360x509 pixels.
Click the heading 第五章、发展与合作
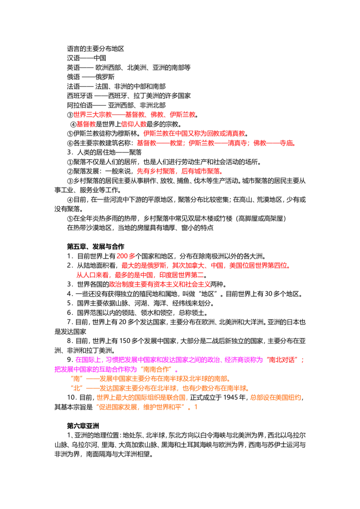95,246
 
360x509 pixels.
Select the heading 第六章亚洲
83,426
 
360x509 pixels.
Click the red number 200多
126,256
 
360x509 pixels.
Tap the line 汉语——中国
86,58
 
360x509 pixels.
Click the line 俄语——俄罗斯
90,77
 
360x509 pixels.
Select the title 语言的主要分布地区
95,49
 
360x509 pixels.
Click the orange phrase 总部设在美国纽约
275,397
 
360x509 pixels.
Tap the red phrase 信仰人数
134,124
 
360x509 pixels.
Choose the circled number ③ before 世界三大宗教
70,115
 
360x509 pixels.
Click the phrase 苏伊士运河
286,445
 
